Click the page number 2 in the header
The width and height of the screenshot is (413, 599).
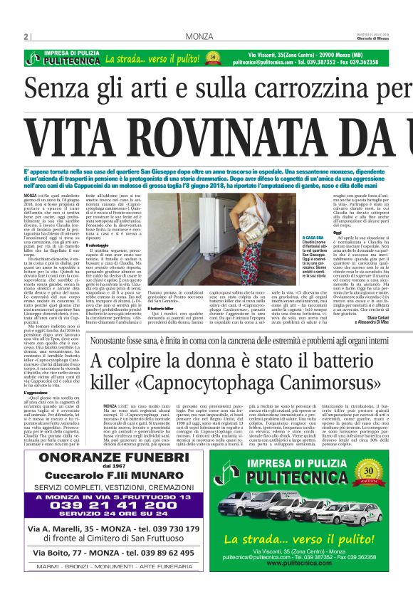click(x=26, y=36)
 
